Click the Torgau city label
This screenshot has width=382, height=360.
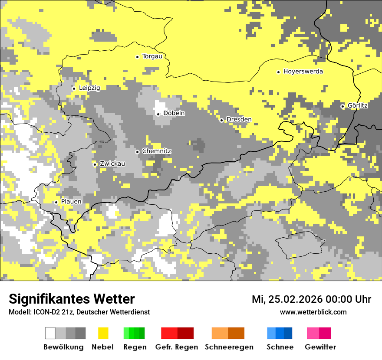[x=152, y=56]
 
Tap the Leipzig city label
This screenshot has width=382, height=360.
[x=89, y=88]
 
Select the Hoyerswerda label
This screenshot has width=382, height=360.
[x=303, y=72]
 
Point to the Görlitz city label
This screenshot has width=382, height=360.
[x=358, y=106]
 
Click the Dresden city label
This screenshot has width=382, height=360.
[x=239, y=120]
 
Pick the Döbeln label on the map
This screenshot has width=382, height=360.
[x=174, y=113]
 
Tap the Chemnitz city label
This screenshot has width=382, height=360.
[x=157, y=151]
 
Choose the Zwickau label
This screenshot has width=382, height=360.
[x=112, y=164]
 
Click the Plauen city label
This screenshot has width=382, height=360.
[x=71, y=202]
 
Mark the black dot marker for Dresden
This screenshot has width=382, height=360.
[x=221, y=120]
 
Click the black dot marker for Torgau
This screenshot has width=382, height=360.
[x=138, y=57]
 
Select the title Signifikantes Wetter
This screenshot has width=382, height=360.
[x=72, y=299]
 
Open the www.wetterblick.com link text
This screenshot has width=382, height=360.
[x=313, y=312]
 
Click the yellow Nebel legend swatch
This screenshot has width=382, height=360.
[x=103, y=333]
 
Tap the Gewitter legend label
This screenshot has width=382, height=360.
[x=320, y=347]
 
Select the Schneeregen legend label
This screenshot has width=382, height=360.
[x=229, y=347]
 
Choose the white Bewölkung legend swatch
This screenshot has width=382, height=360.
[x=50, y=333]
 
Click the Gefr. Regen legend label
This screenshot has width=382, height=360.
[x=176, y=347]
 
